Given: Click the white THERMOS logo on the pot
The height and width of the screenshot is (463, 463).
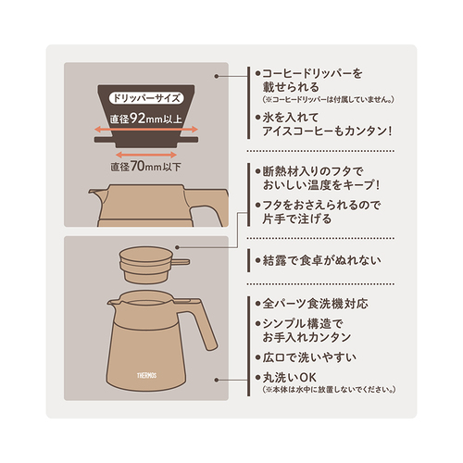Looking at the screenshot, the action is coord(147,375).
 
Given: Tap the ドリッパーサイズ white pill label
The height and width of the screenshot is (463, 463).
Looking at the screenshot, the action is coord(146,98).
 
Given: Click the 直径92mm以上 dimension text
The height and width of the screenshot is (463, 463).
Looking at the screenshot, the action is coord(146,119).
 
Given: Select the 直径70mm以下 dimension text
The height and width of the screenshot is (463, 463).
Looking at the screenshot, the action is coord(145,167).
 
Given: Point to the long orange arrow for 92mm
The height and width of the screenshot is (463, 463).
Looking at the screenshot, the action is coord(146,130).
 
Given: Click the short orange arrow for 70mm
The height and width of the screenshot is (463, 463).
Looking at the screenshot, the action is coord(146,155).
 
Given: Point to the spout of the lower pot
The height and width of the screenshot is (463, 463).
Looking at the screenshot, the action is coord(112,303).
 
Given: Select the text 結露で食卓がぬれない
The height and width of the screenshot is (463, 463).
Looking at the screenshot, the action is coord(321,260).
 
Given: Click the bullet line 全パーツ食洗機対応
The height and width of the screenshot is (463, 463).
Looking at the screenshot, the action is coord(315,304).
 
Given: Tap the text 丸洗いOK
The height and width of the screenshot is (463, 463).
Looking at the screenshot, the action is coord(290,377).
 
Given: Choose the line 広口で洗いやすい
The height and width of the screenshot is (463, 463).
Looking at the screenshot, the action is coord(309,357).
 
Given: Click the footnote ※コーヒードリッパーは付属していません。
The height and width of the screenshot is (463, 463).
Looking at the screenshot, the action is coord(328,99).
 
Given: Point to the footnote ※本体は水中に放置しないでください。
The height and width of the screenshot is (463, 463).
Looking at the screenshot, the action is coord(329,390).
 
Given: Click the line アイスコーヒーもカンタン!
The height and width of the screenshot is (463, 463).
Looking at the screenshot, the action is coord(327,131).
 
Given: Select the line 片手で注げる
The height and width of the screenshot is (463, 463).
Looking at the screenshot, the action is coord(297,219).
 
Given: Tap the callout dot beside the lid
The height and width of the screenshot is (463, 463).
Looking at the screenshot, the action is coord(177,247).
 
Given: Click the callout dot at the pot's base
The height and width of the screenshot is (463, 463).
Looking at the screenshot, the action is coord(217,380).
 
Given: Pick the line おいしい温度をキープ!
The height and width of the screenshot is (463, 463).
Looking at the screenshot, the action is coord(321,185).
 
